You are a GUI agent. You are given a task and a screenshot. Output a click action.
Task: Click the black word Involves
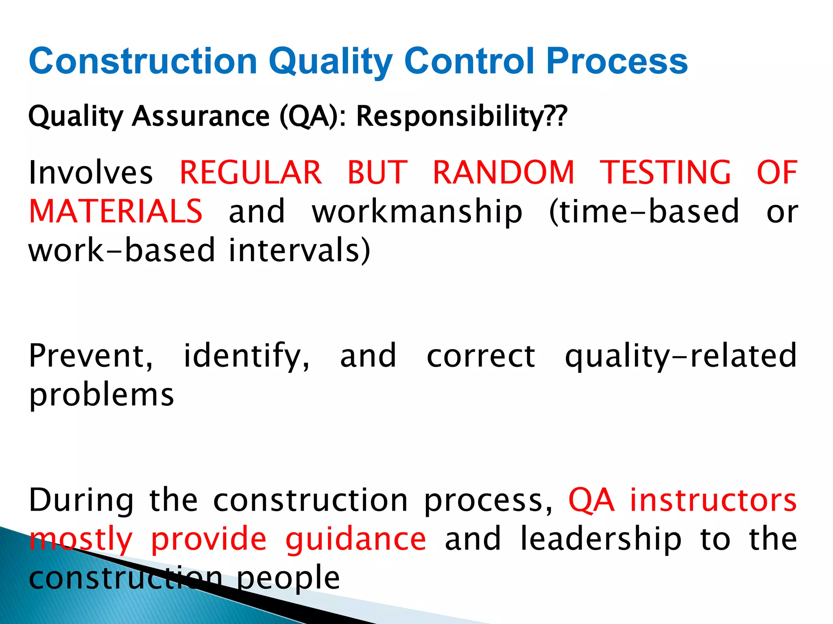click(91, 173)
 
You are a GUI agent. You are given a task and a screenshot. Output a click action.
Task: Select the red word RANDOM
click(504, 173)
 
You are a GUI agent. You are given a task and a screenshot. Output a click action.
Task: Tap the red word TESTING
click(665, 173)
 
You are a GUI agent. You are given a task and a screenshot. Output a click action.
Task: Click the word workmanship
click(417, 212)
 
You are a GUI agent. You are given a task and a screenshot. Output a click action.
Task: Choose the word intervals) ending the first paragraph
click(299, 250)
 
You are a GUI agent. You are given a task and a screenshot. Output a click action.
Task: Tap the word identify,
click(246, 357)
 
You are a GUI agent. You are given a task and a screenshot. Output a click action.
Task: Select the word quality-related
click(680, 357)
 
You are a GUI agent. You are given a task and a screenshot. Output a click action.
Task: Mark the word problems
click(102, 396)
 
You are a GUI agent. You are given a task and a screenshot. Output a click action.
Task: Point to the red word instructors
click(713, 500)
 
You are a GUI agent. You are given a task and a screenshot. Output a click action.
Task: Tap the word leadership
click(601, 539)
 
